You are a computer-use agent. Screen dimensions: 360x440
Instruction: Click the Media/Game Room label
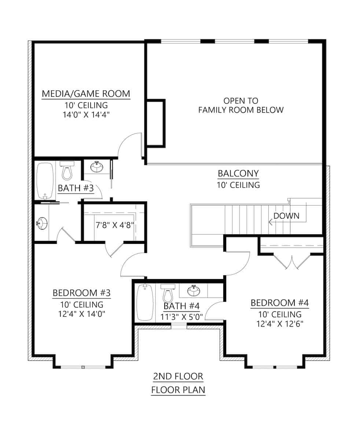coord(86,93)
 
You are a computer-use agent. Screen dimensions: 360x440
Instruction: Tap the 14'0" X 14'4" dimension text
coord(86,114)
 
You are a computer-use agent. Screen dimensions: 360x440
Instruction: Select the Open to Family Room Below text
coord(241,105)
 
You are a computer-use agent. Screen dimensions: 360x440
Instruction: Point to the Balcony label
coord(238,173)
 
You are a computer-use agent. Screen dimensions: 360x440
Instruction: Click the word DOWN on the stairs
coord(286,216)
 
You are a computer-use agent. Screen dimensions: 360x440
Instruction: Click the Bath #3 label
coord(76,188)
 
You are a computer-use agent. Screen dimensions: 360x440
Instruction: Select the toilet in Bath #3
coord(67,170)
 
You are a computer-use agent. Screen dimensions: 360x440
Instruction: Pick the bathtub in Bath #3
coord(45,181)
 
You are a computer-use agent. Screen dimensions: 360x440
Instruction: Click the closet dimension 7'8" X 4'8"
coord(114,225)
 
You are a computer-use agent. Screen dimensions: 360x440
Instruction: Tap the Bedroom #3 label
coord(81,293)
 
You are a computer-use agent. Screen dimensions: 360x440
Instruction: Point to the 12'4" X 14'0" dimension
coord(81,314)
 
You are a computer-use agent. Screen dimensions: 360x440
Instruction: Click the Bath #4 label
coord(181,306)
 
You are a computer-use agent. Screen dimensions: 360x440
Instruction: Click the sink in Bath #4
coord(194,291)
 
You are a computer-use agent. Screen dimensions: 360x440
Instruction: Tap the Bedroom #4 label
coord(279,303)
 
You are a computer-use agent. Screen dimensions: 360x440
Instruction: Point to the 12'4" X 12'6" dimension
coord(280,324)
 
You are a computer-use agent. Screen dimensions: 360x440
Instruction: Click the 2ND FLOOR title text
coord(178,375)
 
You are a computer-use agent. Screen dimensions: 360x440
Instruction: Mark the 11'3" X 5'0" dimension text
coord(181,317)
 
